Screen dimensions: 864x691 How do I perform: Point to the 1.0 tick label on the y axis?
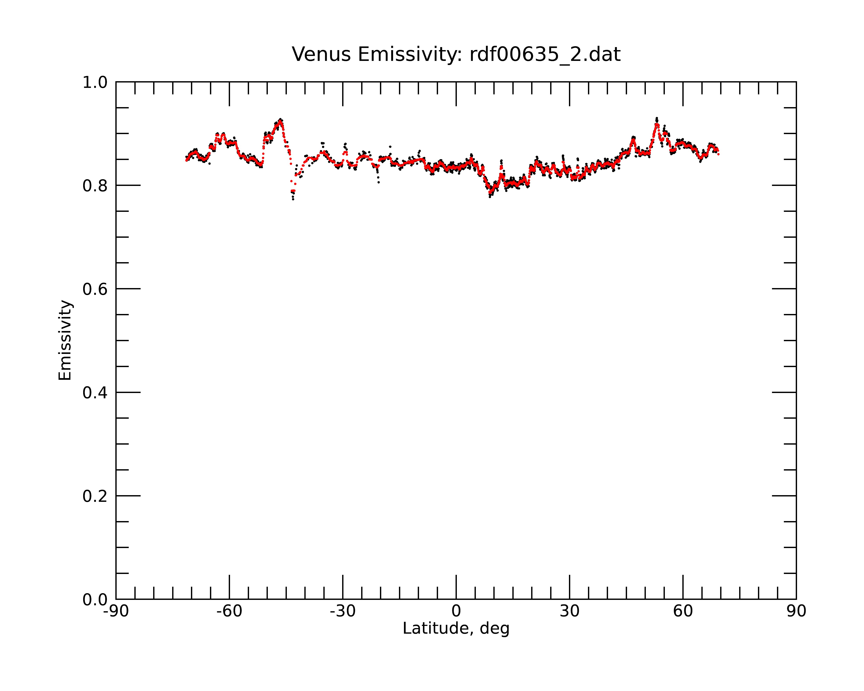[95, 82]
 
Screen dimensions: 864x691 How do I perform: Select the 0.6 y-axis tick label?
[95, 289]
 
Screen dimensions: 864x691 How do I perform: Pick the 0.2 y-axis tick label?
[95, 496]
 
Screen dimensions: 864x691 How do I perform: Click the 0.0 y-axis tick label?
[95, 600]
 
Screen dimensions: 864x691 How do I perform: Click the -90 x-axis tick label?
[116, 611]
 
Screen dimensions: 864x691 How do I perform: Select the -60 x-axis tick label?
[229, 611]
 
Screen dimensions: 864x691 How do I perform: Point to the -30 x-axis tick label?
[343, 611]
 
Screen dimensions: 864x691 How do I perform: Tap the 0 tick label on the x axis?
[456, 611]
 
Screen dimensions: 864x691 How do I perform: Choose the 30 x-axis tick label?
[569, 611]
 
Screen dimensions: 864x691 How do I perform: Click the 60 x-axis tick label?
[683, 611]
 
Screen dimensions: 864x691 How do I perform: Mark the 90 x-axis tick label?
[796, 611]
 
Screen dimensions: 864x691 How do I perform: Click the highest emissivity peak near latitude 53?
[656, 118]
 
